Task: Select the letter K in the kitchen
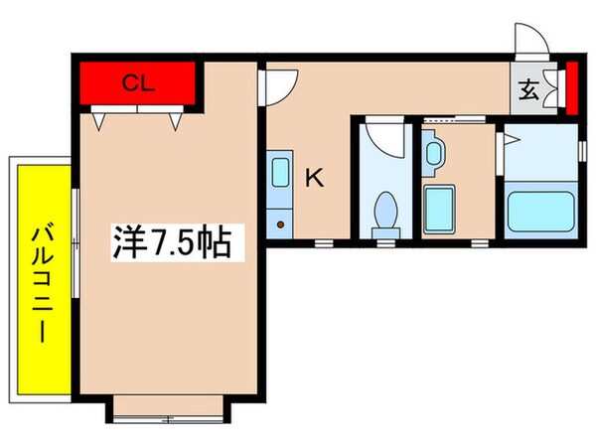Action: click(x=314, y=179)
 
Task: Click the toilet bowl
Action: click(x=384, y=213)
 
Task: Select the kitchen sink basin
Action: click(x=280, y=169)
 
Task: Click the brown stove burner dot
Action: click(x=281, y=224)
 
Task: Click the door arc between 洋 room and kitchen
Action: click(x=278, y=87)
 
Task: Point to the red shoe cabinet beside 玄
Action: click(x=571, y=88)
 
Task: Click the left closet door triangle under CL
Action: click(x=99, y=121)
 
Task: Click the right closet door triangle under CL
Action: click(x=175, y=121)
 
